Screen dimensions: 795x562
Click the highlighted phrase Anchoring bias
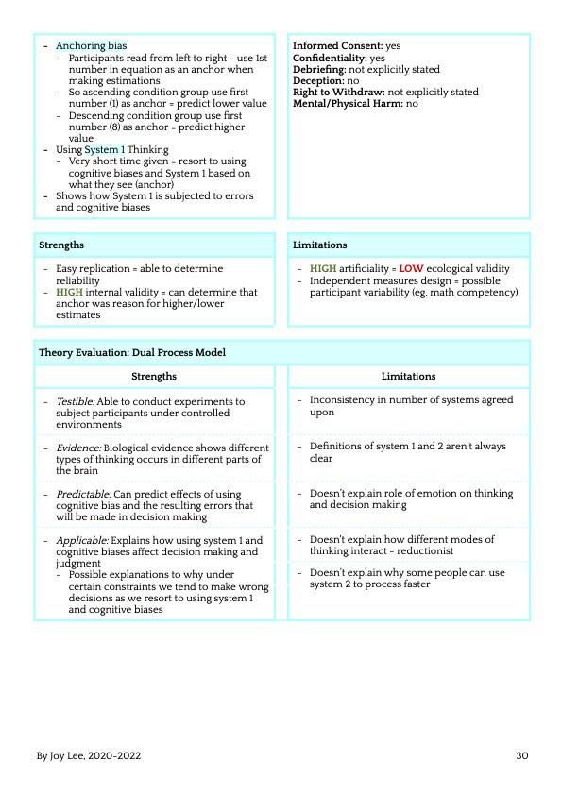click(x=91, y=45)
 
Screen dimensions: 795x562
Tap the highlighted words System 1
click(x=104, y=149)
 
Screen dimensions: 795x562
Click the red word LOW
click(x=411, y=269)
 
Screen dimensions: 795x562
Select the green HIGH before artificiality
click(x=323, y=269)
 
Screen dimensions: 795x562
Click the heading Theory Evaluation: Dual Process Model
click(x=132, y=352)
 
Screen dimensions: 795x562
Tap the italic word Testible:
click(x=76, y=401)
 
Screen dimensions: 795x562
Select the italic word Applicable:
click(x=81, y=540)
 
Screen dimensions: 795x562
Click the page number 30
click(x=522, y=756)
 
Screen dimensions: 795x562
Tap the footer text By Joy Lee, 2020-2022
click(x=89, y=756)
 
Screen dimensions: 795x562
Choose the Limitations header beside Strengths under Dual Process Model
click(x=408, y=376)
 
